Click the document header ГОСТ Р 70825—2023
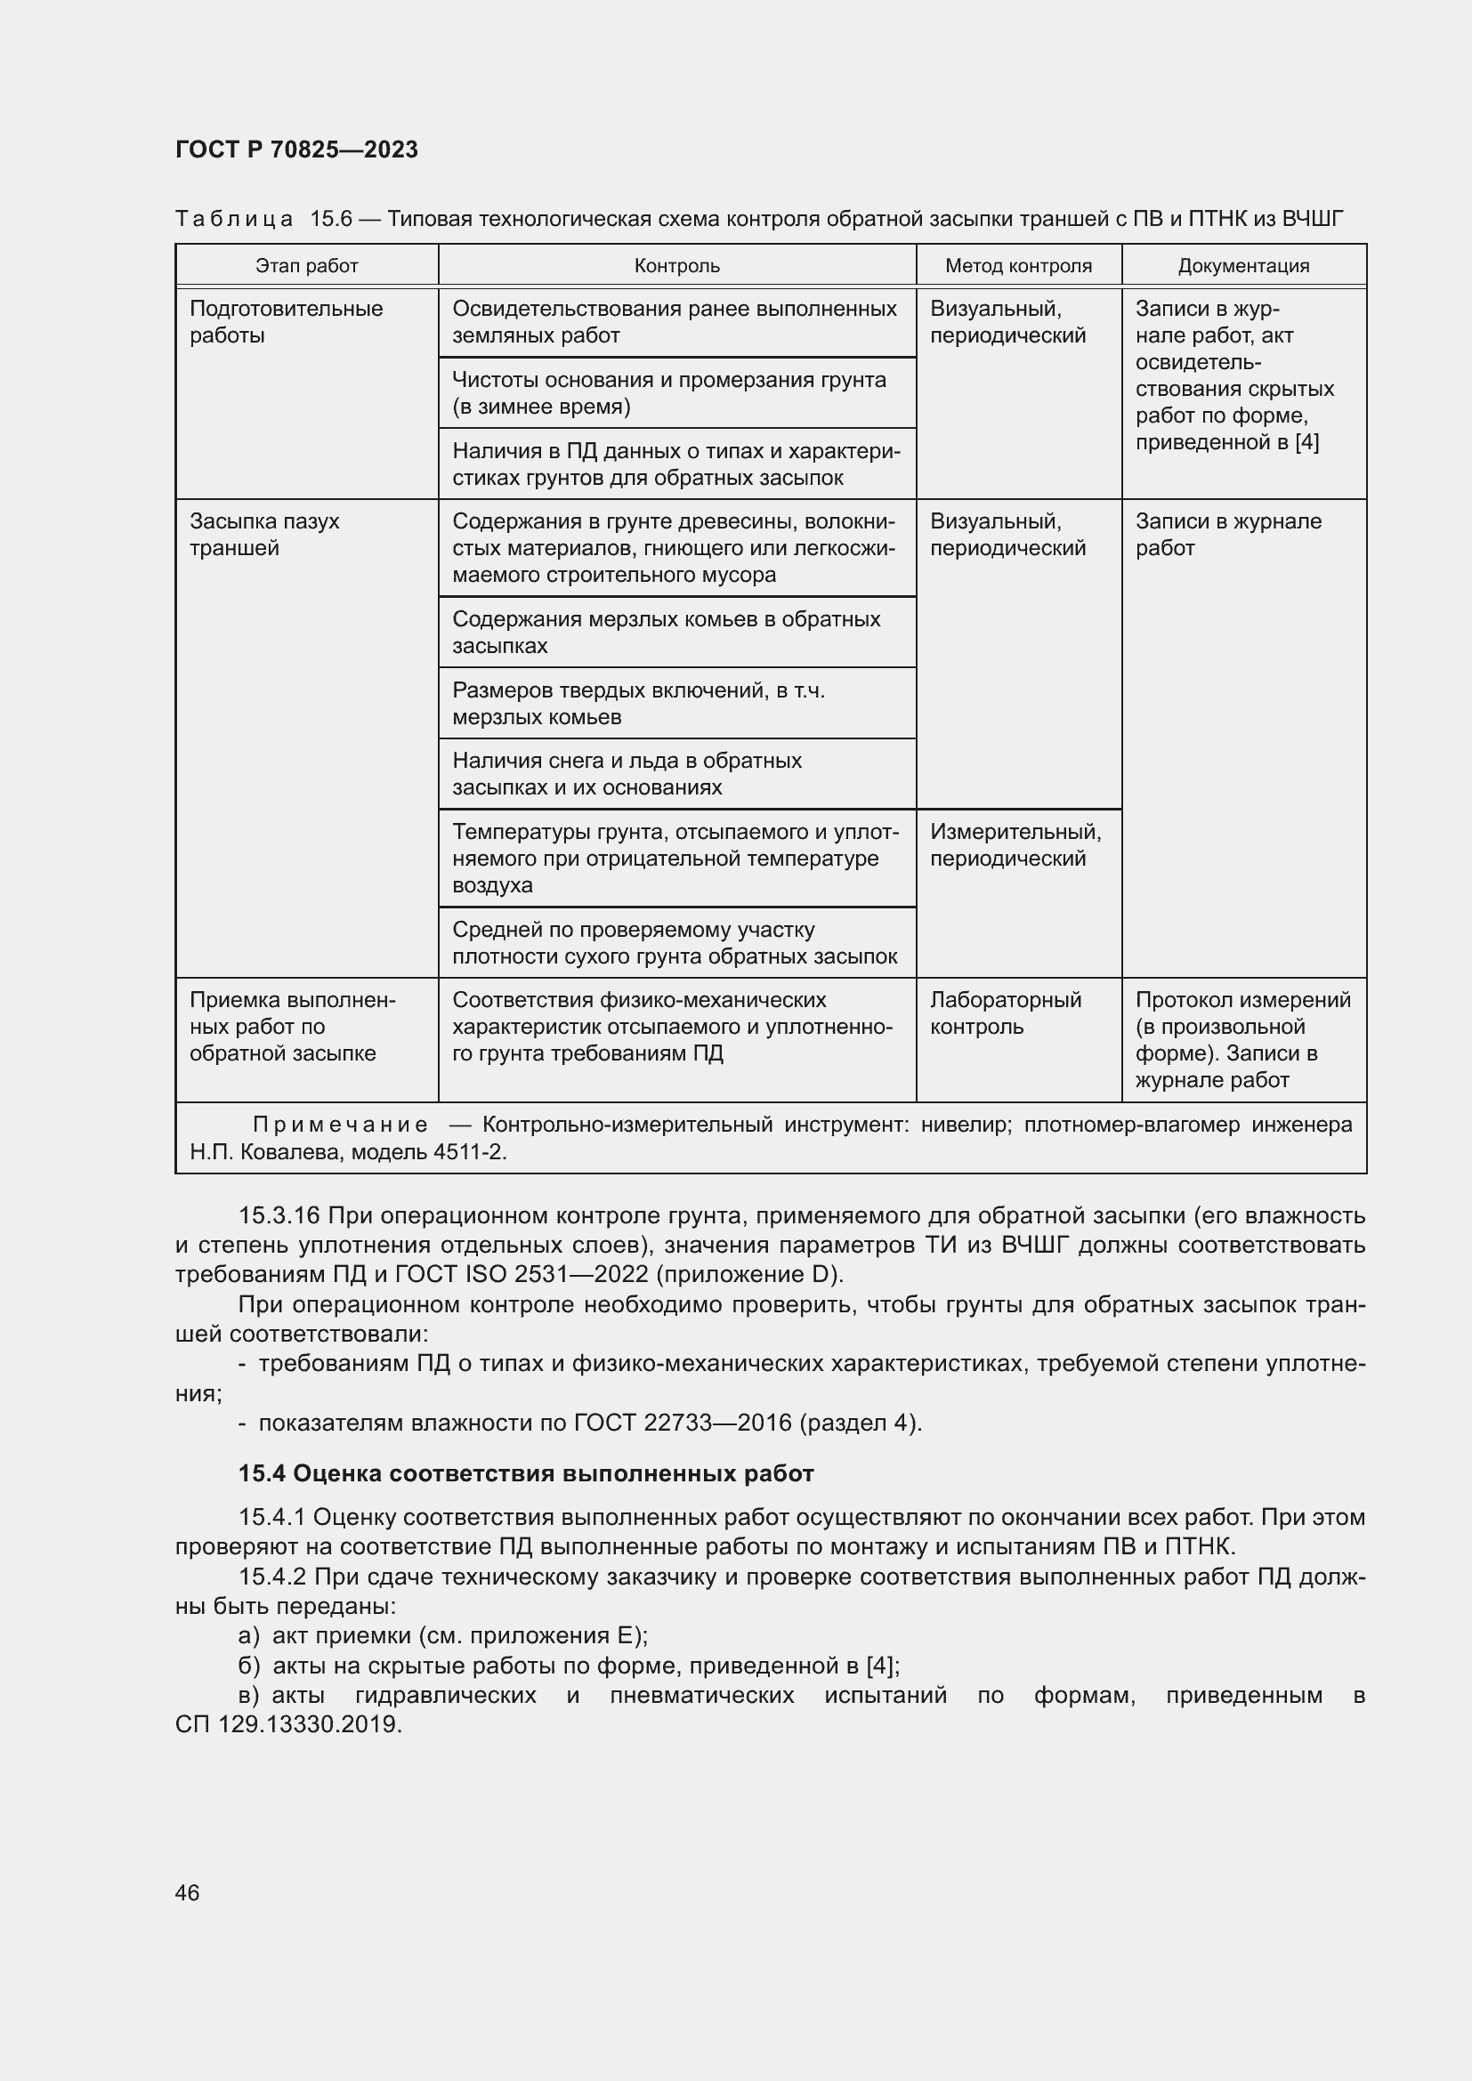296,149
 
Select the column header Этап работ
306,265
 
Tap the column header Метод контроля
1018,265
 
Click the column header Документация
1242,265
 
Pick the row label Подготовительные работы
286,322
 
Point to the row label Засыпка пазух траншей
263,535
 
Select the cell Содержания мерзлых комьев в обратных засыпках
666,632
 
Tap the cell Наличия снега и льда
627,773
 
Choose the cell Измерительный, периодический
1015,844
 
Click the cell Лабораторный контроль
1005,1012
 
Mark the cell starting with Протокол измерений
1241,1038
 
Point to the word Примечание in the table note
340,1125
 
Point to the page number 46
188,1892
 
